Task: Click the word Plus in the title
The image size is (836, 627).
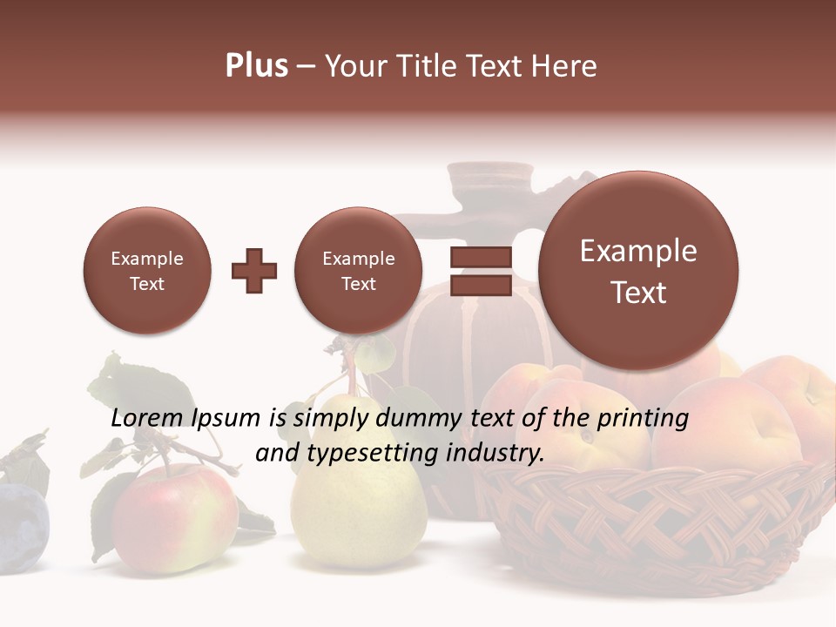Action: (256, 66)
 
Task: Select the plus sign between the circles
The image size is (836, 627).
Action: (254, 271)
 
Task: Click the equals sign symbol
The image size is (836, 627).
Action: (481, 271)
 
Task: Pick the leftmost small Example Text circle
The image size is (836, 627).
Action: (147, 271)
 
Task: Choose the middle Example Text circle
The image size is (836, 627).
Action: (359, 271)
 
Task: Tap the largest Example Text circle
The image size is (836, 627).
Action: (638, 271)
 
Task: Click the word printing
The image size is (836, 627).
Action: (643, 419)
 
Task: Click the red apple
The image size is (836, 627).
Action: (174, 518)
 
